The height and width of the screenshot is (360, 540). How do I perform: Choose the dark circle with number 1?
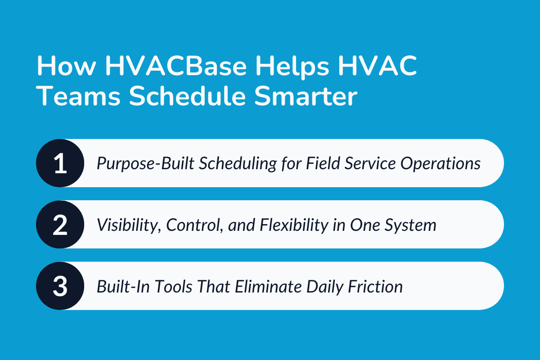(60, 163)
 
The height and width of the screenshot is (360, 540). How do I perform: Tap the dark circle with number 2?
(60, 225)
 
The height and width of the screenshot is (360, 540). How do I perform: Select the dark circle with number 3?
(60, 286)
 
